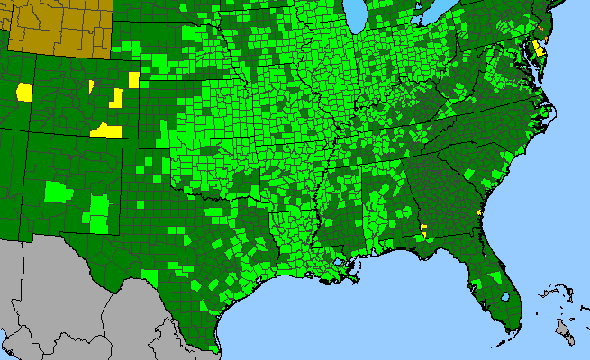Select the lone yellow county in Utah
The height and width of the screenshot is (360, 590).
coord(24,91)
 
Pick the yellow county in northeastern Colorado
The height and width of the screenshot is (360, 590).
coord(134,79)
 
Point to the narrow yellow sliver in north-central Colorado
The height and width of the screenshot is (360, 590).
coord(91,86)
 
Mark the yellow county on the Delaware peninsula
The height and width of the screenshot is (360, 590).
coord(539,47)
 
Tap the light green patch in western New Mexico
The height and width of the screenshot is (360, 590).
coord(57,191)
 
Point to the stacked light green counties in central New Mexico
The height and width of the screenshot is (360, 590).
coord(98,212)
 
